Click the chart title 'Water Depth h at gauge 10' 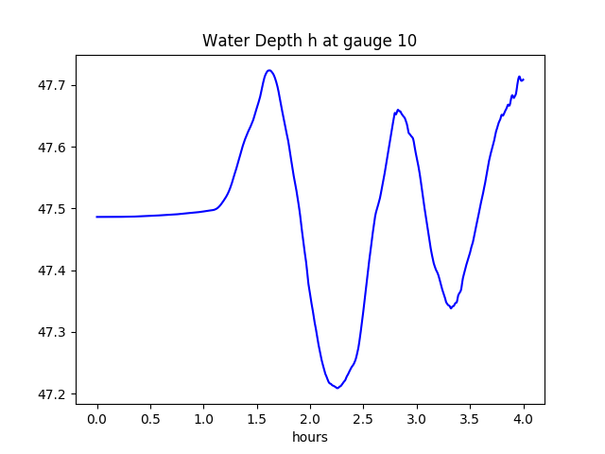309,41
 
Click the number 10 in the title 407,41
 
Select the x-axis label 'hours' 309,438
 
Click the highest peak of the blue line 269,70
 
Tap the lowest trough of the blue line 337,388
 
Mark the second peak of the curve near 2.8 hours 398,110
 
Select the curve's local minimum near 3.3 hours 451,308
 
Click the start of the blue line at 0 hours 97,217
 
